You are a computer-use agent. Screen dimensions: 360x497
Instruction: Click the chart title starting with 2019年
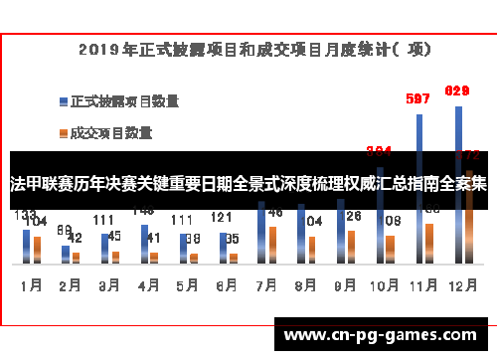pyautogui.click(x=248, y=48)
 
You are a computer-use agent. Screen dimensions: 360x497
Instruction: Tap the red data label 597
pyautogui.click(x=418, y=98)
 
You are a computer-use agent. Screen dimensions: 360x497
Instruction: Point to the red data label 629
pyautogui.click(x=456, y=90)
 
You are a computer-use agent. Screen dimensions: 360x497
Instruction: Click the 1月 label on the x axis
pyautogui.click(x=31, y=285)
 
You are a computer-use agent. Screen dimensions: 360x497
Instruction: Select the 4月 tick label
pyautogui.click(x=147, y=285)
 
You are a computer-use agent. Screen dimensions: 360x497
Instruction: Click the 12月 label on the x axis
pyautogui.click(x=458, y=285)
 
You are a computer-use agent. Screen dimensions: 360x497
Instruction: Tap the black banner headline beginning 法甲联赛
pyautogui.click(x=248, y=184)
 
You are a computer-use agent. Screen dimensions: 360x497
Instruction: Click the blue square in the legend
pyautogui.click(x=64, y=101)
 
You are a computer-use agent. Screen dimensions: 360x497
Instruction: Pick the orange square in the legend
pyautogui.click(x=64, y=131)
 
